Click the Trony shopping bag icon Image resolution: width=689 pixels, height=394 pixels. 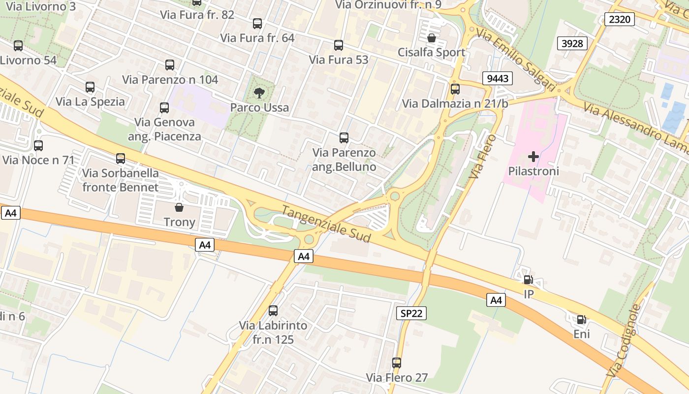click(179, 207)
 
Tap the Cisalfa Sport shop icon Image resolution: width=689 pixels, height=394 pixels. click(432, 38)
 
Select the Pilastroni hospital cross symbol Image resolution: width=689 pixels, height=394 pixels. click(533, 157)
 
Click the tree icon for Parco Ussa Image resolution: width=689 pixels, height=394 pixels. click(259, 93)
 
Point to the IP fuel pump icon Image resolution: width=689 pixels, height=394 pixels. click(528, 280)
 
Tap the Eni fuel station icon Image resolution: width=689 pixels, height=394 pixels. click(581, 320)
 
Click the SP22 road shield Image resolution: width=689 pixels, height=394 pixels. click(411, 313)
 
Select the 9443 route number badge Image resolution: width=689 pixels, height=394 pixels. click(498, 78)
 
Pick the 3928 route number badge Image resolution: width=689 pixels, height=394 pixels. click(572, 43)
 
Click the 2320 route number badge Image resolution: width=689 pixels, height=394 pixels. click(620, 19)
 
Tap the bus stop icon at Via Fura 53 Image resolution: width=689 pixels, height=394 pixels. click(339, 45)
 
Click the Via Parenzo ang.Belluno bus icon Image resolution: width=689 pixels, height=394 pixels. click(344, 138)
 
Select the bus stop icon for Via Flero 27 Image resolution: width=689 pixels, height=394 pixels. click(397, 363)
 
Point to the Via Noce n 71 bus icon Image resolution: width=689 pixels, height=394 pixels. click(38, 146)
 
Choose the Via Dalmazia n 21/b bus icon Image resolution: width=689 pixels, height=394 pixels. click(455, 89)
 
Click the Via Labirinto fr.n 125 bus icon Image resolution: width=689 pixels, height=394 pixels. click(273, 311)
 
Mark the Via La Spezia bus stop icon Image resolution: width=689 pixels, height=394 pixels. click(90, 87)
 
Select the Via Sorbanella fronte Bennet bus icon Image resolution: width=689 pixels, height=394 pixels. click(121, 159)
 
